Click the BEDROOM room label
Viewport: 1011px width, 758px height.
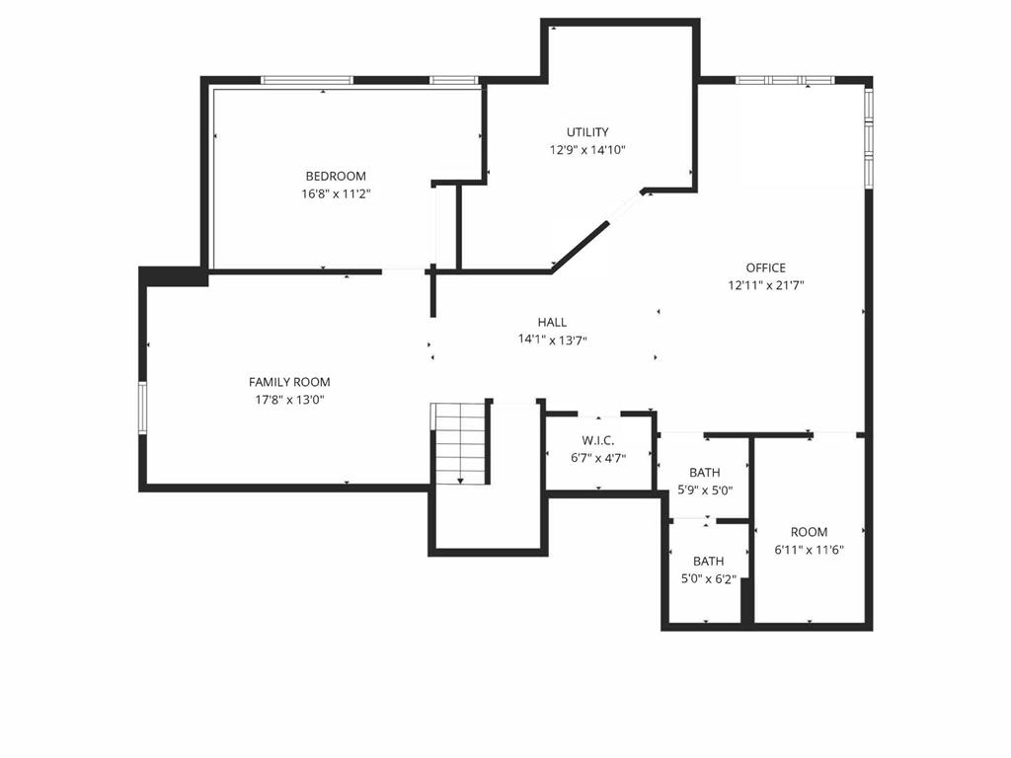pyautogui.click(x=336, y=176)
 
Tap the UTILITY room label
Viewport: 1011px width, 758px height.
pyautogui.click(x=587, y=132)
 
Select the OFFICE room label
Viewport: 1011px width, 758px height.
pyautogui.click(x=766, y=267)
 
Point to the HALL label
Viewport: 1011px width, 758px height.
pyautogui.click(x=552, y=322)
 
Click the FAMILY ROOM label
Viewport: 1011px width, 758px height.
pyautogui.click(x=289, y=382)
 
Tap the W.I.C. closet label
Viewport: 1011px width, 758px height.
pyautogui.click(x=598, y=439)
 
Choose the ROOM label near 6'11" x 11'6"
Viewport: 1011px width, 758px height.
pyautogui.click(x=809, y=532)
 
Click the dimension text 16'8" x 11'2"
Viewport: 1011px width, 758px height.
pyautogui.click(x=336, y=194)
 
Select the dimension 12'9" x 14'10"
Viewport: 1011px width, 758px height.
pyautogui.click(x=587, y=151)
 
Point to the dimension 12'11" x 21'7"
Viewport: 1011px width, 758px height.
pyautogui.click(x=766, y=286)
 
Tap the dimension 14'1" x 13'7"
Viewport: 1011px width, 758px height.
pyautogui.click(x=552, y=341)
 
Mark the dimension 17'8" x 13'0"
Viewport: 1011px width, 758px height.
pyautogui.click(x=289, y=401)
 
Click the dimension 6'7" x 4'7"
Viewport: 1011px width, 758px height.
pyautogui.click(x=598, y=457)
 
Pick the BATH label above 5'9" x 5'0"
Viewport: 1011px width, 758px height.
pyautogui.click(x=705, y=472)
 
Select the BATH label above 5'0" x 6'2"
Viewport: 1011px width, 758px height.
pyautogui.click(x=708, y=561)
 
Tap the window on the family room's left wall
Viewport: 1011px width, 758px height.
pyautogui.click(x=142, y=408)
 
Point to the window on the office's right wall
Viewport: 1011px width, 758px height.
pyautogui.click(x=869, y=137)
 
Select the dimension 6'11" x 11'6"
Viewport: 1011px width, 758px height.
pyautogui.click(x=809, y=551)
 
